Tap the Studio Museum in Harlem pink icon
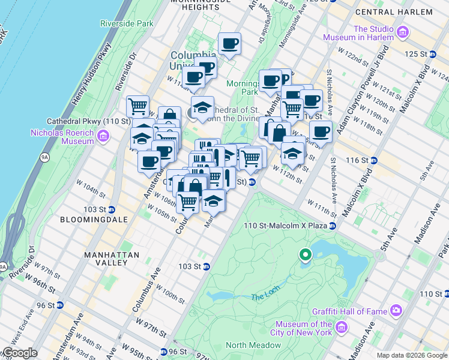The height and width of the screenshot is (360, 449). coord(402,31)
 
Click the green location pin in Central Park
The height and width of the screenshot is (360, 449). coord(306,256)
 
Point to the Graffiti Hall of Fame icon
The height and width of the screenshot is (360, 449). coord(396,310)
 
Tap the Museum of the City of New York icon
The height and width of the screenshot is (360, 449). coord(342,328)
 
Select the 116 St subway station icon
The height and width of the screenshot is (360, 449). coord(373,160)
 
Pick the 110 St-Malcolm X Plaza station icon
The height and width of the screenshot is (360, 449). coord(332,225)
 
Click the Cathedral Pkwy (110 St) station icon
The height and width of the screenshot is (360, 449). coord(136,121)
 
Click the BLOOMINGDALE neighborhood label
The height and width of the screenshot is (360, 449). coord(94,220)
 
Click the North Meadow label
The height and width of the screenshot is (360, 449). coord(253,345)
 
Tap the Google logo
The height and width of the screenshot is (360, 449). coord(20,353)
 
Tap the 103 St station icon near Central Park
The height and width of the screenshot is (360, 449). coord(206,266)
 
